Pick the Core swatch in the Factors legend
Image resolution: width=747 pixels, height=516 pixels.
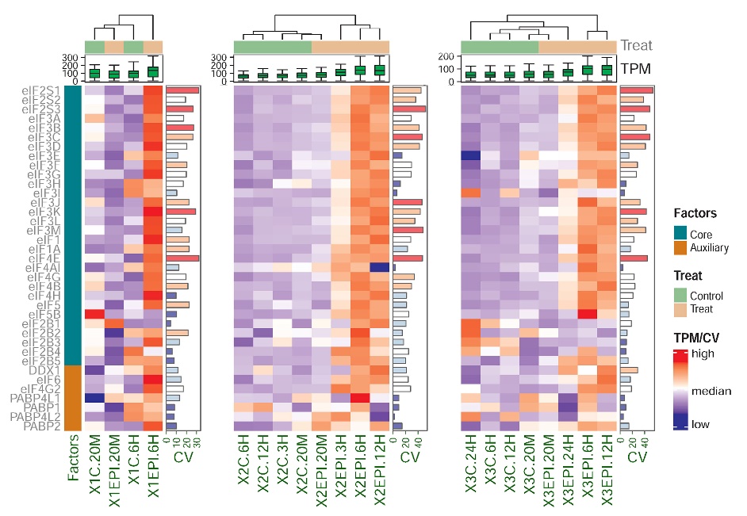coord(680,235)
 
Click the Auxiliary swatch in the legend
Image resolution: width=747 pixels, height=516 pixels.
coord(680,248)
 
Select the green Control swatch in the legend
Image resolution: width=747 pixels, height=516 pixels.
coord(680,295)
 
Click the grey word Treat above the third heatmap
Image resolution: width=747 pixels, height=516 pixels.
coord(636,46)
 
